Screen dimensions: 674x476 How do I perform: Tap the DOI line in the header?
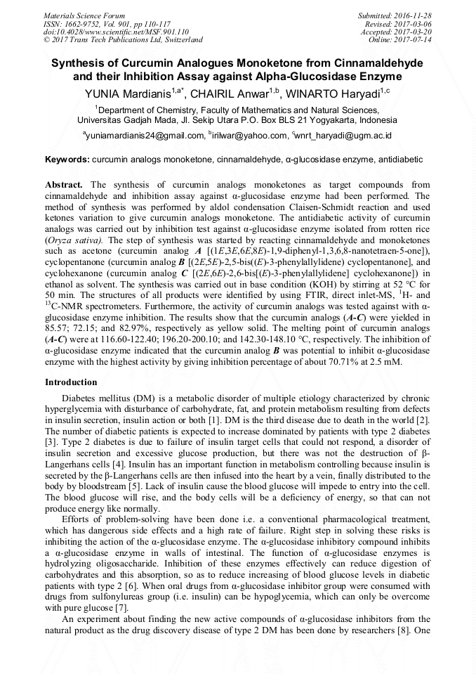click(x=116, y=32)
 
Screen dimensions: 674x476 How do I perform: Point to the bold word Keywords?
click(x=67, y=160)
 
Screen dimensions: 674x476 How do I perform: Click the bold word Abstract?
click(x=66, y=185)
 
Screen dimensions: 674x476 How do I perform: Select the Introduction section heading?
click(x=71, y=382)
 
